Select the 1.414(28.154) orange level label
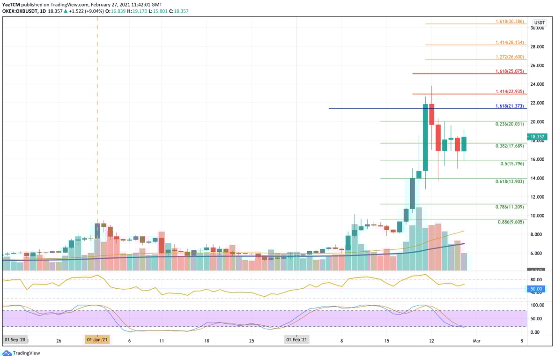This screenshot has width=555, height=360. coord(510,43)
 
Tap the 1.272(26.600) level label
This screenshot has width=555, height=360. coord(510,57)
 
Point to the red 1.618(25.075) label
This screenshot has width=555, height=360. coord(510,71)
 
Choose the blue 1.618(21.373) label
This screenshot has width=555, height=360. coord(510,106)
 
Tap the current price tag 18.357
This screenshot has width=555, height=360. coord(537,137)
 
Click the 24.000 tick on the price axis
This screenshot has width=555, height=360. coord(537,84)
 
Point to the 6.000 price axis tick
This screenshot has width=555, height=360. coord(537,253)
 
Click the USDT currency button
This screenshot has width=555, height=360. coord(540,22)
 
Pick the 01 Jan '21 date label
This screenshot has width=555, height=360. coord(97,339)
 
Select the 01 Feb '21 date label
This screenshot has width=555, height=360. coord(296,339)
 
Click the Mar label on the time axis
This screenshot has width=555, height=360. coord(476,339)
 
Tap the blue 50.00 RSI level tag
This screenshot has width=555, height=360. coord(536,289)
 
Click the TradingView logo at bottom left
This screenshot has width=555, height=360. coord(22,353)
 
